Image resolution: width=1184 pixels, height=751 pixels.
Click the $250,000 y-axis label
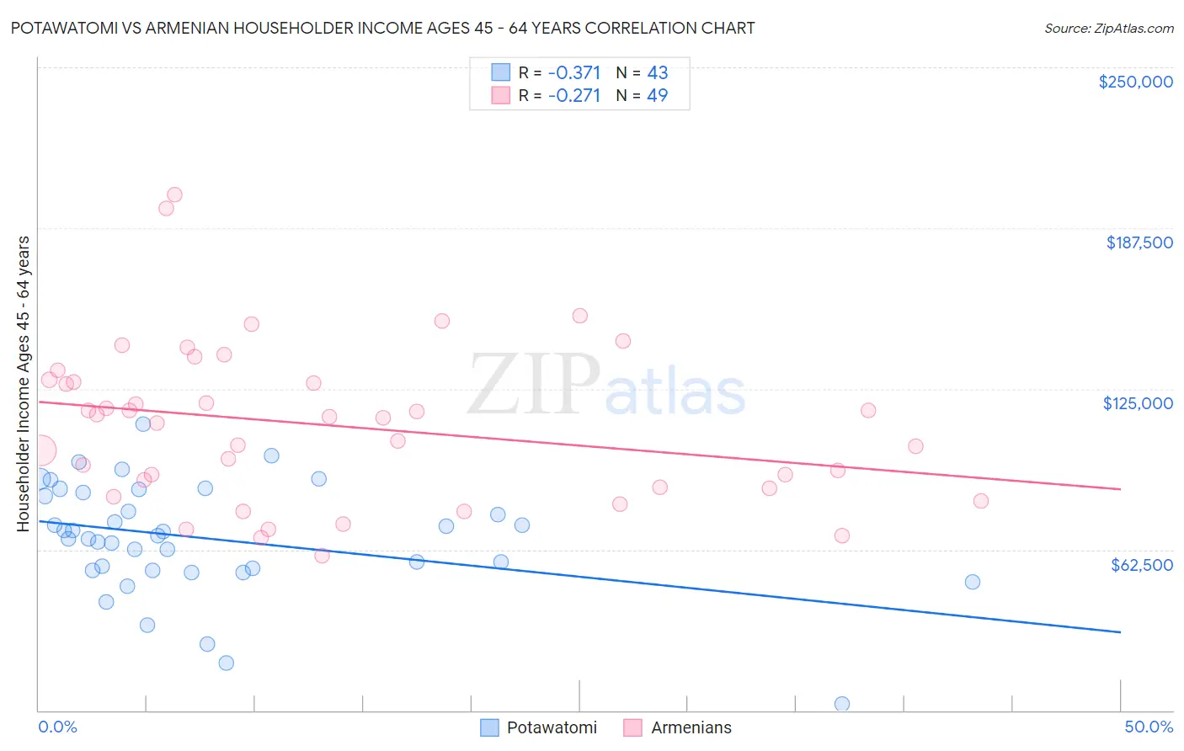1135,82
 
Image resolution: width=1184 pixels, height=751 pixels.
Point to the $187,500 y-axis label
1139,242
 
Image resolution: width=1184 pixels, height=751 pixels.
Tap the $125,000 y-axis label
1138,403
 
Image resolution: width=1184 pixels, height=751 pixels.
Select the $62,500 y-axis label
1141,565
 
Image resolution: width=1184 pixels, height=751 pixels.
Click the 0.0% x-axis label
57,727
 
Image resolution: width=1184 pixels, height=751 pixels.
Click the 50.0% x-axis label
1149,727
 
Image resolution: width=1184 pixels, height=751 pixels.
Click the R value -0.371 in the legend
574,73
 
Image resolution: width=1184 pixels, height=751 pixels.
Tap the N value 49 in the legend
657,95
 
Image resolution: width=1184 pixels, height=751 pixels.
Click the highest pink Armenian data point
174,194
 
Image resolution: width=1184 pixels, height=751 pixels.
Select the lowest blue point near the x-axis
841,704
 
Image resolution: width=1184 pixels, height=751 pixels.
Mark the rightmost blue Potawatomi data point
972,582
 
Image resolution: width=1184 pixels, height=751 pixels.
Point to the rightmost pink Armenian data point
980,501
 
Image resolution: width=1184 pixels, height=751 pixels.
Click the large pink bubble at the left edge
40,450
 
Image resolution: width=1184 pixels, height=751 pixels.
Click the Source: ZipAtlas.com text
1108,29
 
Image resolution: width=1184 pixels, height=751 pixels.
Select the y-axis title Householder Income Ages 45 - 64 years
23,383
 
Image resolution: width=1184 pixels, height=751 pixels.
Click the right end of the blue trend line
1120,631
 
